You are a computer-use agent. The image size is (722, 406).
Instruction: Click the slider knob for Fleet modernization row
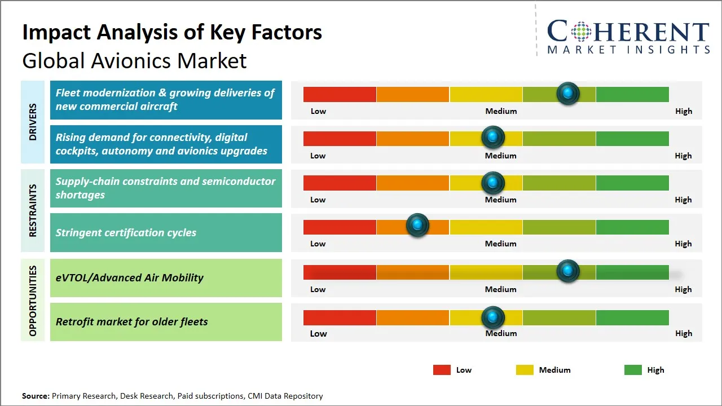(568, 93)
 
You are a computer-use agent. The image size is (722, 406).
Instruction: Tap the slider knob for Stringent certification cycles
(417, 226)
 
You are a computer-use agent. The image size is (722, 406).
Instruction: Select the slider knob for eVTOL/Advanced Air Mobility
(568, 271)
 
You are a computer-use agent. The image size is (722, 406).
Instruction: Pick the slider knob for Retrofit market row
(493, 317)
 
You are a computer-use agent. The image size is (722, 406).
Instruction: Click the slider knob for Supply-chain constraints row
(493, 183)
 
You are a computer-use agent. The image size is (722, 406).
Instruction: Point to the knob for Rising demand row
(493, 137)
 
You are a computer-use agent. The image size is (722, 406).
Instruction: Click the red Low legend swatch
(442, 370)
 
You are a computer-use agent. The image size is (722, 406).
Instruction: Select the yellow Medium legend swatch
(525, 370)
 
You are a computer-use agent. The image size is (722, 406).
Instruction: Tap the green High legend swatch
(633, 370)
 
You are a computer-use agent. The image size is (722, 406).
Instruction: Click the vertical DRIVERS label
(33, 122)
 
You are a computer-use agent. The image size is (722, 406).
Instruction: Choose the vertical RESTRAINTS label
(33, 210)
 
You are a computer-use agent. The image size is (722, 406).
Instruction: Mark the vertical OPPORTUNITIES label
(33, 301)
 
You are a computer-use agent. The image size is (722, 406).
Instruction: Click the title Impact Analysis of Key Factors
(172, 32)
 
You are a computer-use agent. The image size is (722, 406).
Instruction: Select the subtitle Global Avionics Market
(134, 60)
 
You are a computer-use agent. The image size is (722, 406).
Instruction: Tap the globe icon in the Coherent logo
(580, 32)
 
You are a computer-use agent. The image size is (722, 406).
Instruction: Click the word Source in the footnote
(35, 396)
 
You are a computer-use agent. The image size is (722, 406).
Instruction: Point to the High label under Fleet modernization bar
(683, 111)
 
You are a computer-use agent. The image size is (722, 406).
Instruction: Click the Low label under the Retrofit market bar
(318, 333)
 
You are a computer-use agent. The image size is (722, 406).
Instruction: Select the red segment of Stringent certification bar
(340, 227)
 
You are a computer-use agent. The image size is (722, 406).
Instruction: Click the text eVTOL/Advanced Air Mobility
(129, 277)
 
